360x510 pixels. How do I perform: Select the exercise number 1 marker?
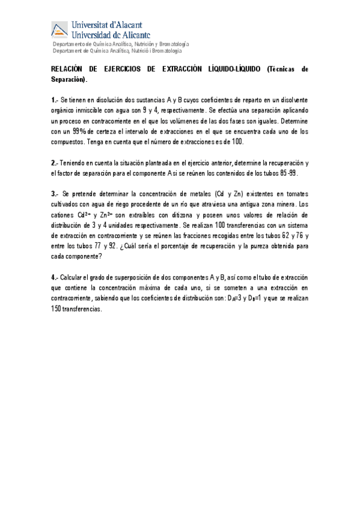(54, 99)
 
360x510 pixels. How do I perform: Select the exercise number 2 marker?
(54, 162)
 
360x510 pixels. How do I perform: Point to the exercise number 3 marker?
(54, 194)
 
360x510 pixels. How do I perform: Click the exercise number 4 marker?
(54, 277)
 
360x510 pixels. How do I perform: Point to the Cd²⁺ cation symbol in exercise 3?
(81, 215)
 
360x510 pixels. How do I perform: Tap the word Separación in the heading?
(69, 79)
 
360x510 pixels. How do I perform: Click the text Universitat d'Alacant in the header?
(107, 25)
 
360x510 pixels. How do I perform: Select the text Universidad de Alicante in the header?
(111, 35)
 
